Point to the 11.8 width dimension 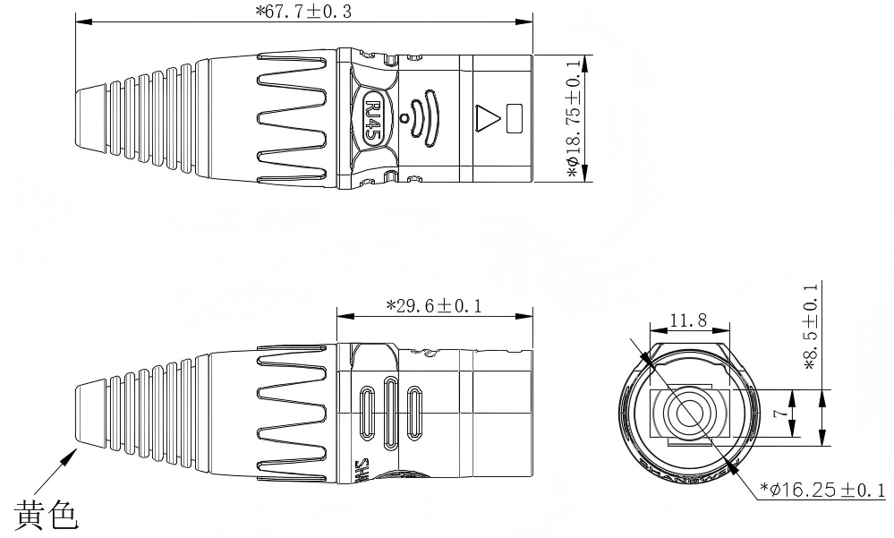click(x=689, y=320)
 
